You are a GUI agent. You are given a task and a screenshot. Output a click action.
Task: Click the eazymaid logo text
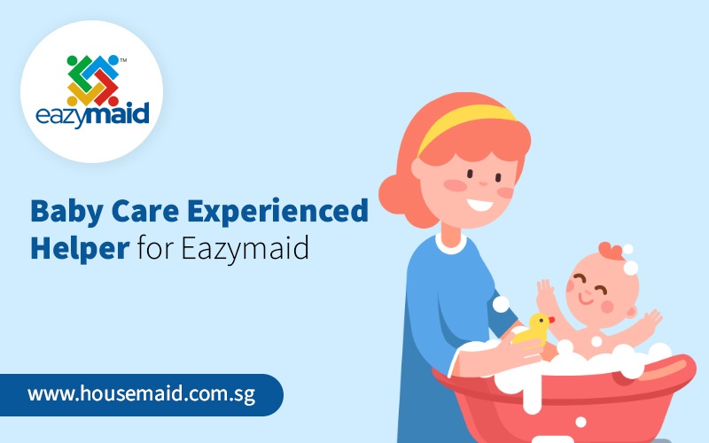point(92,115)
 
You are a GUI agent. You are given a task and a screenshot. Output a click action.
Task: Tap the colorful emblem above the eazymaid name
point(93,81)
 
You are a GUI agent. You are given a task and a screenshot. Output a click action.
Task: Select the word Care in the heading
point(145,211)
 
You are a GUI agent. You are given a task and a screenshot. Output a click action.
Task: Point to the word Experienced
point(277,212)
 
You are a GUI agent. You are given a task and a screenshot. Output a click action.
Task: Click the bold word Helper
point(80,248)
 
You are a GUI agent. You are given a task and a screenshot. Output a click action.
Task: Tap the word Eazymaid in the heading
point(245,248)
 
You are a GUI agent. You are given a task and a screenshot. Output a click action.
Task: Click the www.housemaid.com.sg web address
point(141,394)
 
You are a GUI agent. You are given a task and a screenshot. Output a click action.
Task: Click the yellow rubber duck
point(534,330)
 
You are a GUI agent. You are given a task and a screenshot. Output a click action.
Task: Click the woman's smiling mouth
point(479,206)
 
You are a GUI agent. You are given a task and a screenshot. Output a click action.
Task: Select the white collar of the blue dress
point(450,245)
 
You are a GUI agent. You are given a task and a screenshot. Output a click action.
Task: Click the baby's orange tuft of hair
point(612,251)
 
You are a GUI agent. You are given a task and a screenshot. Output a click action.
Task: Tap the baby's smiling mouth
point(586,299)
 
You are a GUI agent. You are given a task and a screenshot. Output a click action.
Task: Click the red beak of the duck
point(551,320)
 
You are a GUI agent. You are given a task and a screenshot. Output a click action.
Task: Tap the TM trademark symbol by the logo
point(123,60)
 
